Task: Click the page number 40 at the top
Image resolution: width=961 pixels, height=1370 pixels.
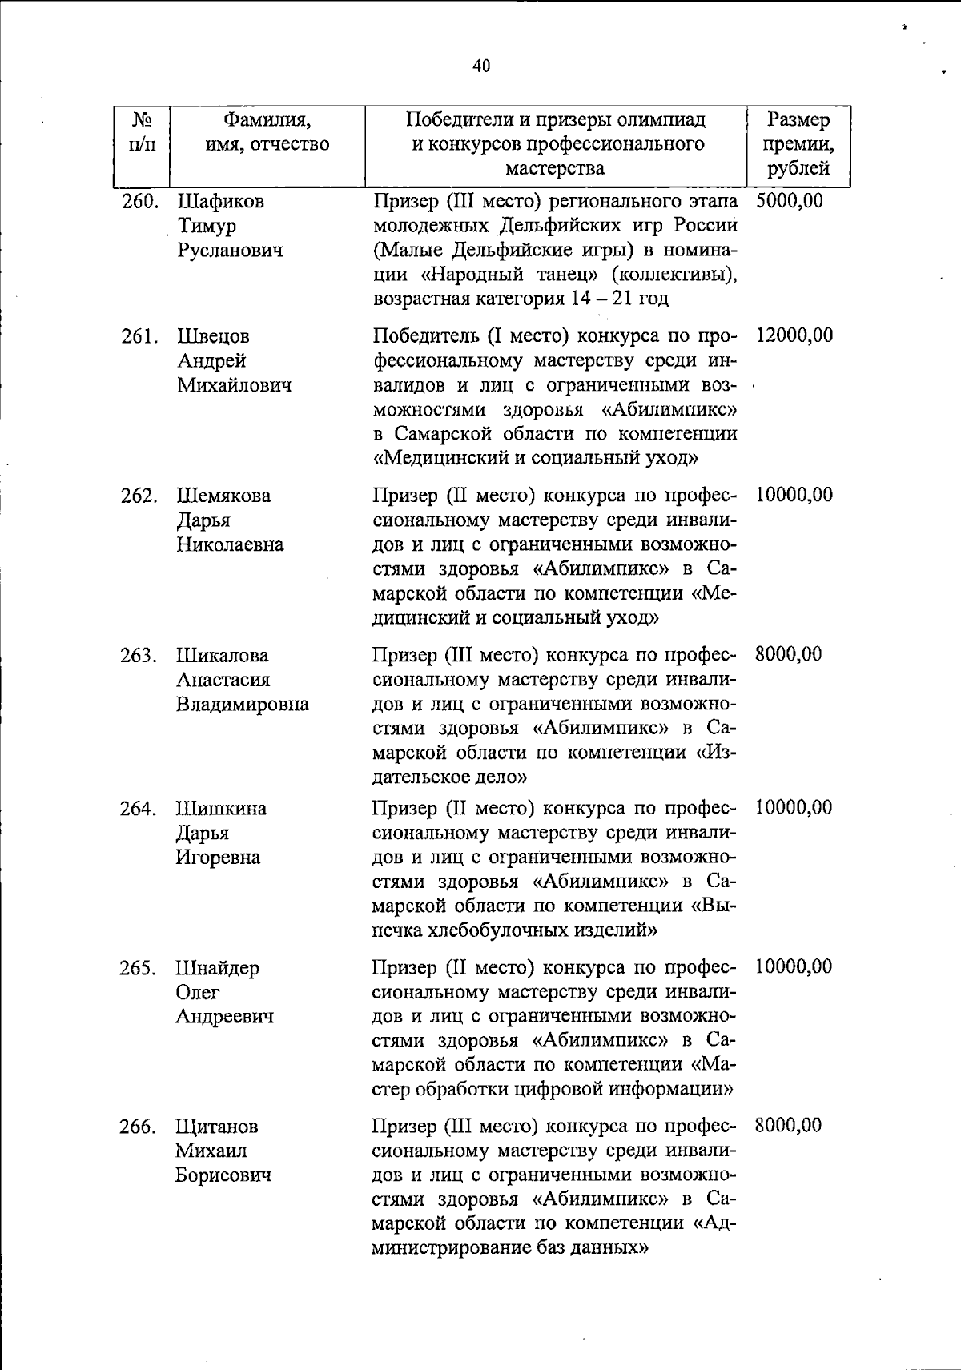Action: click(x=480, y=66)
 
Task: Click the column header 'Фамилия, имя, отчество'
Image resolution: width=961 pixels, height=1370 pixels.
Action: click(x=267, y=132)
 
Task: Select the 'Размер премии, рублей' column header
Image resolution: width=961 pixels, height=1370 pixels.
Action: click(x=798, y=144)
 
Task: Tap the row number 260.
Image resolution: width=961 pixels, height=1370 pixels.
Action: click(x=139, y=202)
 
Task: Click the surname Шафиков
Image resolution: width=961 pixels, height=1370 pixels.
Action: click(x=220, y=202)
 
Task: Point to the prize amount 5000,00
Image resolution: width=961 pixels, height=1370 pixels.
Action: click(x=789, y=200)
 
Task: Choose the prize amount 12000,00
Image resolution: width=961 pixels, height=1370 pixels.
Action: click(x=794, y=335)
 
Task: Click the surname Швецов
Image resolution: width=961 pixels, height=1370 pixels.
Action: click(x=213, y=336)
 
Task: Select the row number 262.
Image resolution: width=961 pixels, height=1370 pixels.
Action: click(x=139, y=496)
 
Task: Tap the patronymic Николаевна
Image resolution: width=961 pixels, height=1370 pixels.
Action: click(x=230, y=544)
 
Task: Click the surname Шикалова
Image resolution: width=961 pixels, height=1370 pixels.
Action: click(x=223, y=655)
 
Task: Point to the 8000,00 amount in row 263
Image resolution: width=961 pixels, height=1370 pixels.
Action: click(x=788, y=654)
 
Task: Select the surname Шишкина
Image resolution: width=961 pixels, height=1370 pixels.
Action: click(x=221, y=809)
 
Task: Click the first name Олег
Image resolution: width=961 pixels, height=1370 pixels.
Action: click(x=197, y=992)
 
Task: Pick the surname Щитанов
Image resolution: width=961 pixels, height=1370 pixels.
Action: click(x=217, y=1127)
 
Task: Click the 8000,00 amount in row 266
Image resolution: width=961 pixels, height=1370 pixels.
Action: click(x=788, y=1125)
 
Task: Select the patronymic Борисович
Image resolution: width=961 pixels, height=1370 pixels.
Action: click(x=223, y=1175)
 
